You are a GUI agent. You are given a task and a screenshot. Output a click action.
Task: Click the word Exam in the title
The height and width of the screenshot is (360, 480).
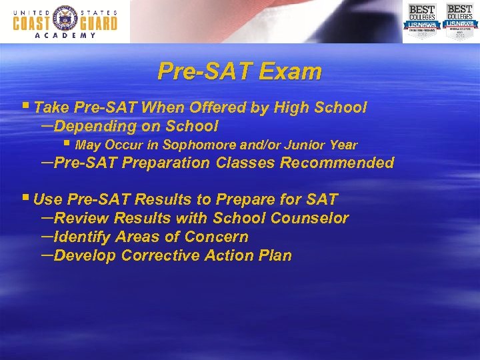click(291, 71)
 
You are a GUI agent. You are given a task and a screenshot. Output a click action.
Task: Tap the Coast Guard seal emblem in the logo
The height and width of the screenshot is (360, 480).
click(65, 21)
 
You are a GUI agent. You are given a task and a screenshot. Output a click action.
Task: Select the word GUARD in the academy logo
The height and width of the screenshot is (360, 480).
click(97, 23)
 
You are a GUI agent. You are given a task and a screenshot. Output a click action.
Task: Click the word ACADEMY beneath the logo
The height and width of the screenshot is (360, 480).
click(65, 36)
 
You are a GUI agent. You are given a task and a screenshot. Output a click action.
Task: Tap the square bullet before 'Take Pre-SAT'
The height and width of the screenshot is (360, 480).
click(26, 107)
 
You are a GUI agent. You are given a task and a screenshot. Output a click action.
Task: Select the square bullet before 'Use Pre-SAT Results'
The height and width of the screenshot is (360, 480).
click(26, 199)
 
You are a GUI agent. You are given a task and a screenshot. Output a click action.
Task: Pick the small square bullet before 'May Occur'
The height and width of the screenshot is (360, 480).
click(66, 144)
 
